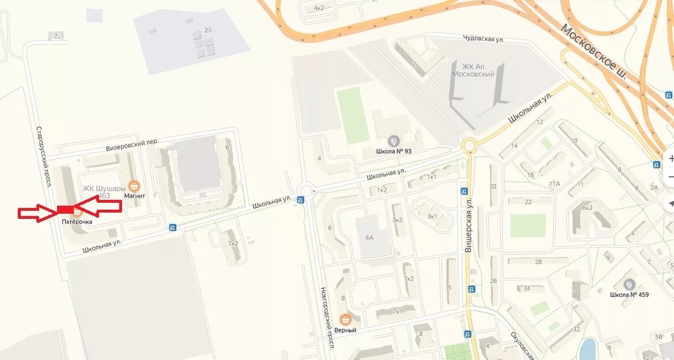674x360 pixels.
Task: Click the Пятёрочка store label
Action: [x=77, y=222]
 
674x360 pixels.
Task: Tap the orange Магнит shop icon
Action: [x=134, y=185]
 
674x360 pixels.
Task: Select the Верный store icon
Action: [x=345, y=319]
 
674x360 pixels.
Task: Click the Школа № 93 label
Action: [x=394, y=151]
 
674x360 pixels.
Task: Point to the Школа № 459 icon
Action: [x=629, y=285]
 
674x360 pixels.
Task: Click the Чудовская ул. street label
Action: [x=483, y=39]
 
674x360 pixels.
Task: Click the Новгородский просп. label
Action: [x=327, y=316]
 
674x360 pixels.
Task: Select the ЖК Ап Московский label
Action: [x=473, y=70]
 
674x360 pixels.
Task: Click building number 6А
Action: [x=369, y=237]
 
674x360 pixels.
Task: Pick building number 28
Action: [x=538, y=262]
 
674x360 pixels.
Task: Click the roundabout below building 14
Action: [x=469, y=145]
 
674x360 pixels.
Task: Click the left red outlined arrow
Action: [x=37, y=213]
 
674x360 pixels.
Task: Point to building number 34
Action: [x=525, y=289]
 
